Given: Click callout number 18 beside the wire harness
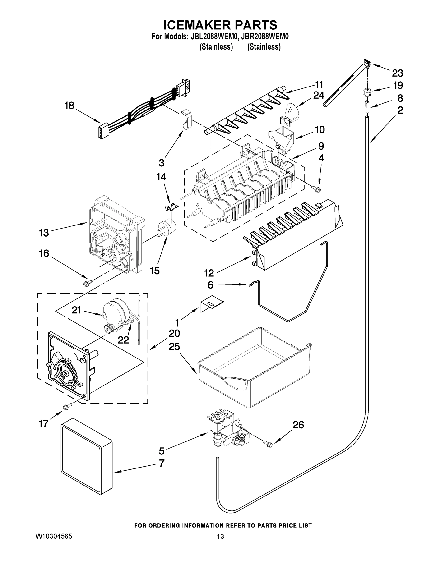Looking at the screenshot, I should (69, 106).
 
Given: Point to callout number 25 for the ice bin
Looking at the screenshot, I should (174, 347).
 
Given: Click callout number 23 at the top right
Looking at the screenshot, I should (397, 73).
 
